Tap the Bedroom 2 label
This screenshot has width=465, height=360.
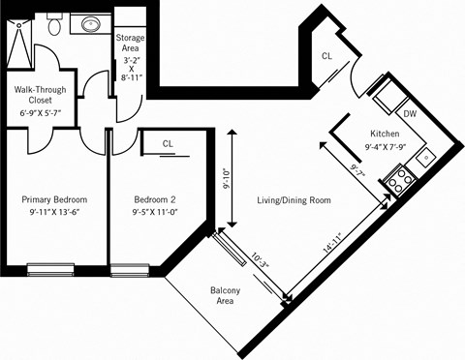pos(156,200)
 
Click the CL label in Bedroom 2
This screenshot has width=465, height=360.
pos(168,143)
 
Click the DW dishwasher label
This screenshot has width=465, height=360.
pos(410,114)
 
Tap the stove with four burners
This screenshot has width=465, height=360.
pos(398,178)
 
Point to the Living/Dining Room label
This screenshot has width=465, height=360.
pos(294,200)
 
